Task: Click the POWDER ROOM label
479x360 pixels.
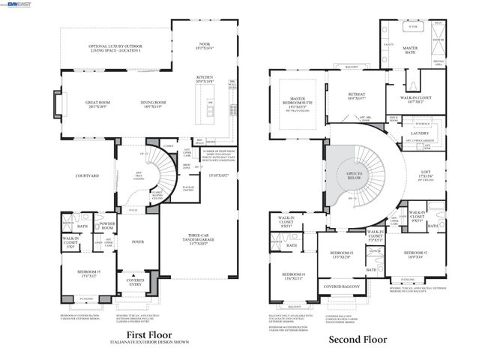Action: pyautogui.click(x=106, y=225)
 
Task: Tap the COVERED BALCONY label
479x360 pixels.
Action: pyautogui.click(x=341, y=286)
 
